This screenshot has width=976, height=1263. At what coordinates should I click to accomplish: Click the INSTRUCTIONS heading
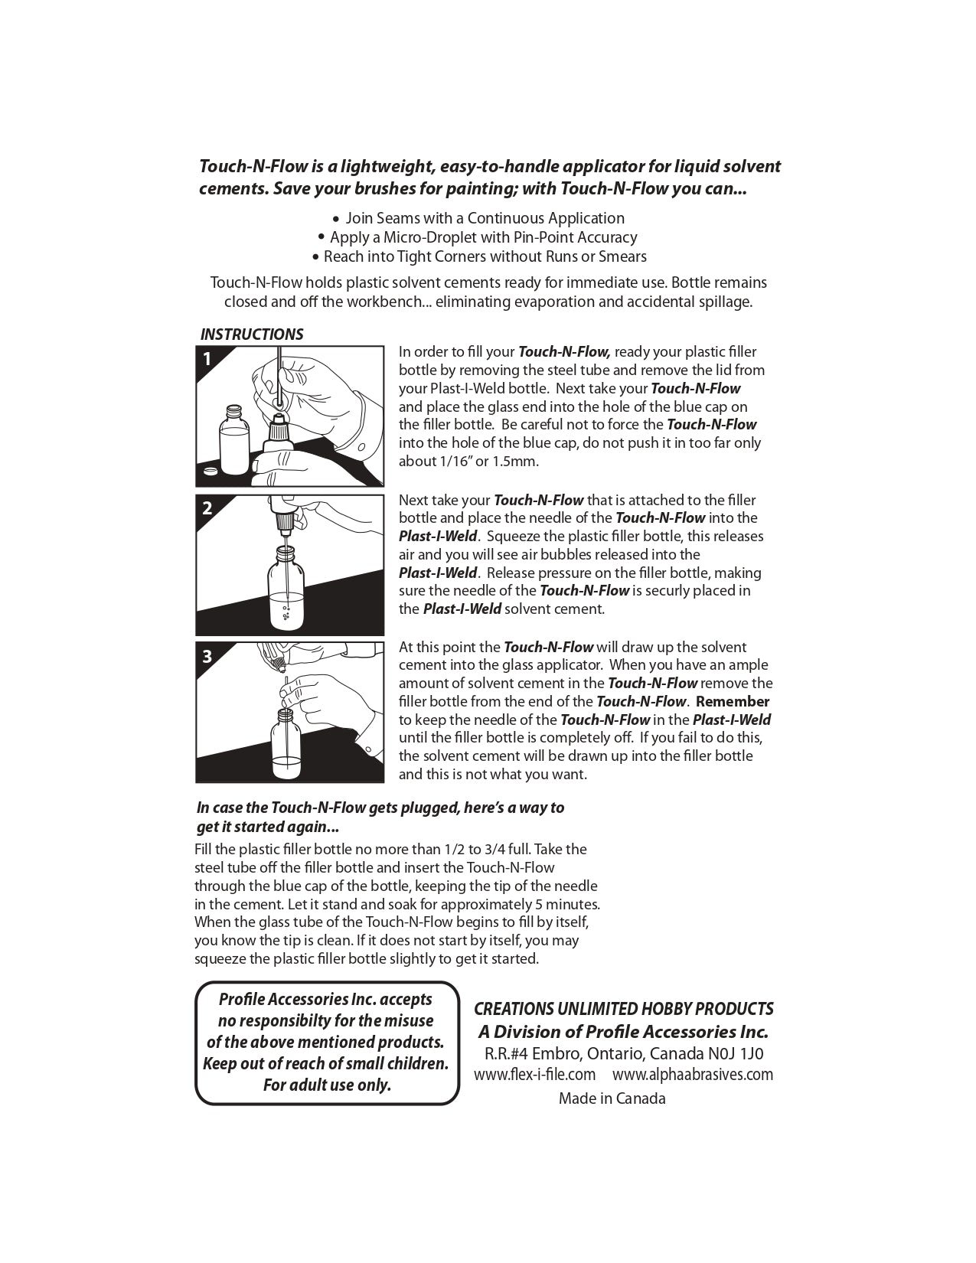tap(251, 335)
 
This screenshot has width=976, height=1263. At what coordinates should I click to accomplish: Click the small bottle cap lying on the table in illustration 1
tap(208, 472)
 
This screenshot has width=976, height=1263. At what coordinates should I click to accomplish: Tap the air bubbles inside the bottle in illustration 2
tap(286, 612)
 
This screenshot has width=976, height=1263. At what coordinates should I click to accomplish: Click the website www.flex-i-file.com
tap(534, 1075)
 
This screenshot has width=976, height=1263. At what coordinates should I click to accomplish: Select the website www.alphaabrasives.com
tap(693, 1075)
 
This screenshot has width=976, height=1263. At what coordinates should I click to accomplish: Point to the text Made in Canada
tap(612, 1098)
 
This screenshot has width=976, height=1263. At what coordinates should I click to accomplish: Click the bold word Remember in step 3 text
tap(733, 701)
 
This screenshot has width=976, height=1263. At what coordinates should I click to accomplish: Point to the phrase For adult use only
tap(327, 1085)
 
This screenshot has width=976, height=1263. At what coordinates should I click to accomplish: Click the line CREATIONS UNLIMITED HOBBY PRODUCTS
tap(624, 1009)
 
